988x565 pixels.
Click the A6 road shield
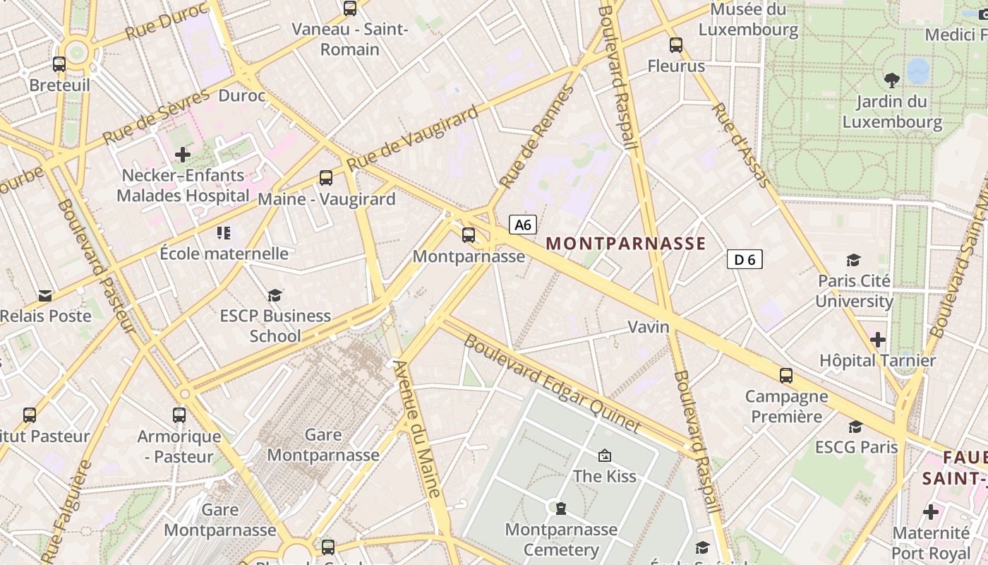tap(523, 225)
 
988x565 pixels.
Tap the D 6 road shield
tap(745, 259)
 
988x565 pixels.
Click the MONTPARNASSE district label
tap(625, 244)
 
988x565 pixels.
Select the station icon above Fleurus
tap(676, 45)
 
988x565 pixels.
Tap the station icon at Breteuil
tap(59, 64)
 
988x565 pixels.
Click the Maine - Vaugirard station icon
tap(325, 178)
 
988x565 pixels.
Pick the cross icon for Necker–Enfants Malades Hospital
tap(183, 154)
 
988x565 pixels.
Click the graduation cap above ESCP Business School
tap(275, 295)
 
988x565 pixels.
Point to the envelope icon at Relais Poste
tap(45, 295)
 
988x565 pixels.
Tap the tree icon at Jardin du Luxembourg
tap(892, 80)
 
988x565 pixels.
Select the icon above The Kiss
tap(604, 456)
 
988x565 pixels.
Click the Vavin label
tap(649, 327)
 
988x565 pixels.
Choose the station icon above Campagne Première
tap(786, 376)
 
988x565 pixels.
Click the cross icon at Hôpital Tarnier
tap(877, 340)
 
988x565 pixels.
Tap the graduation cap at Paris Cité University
tap(854, 260)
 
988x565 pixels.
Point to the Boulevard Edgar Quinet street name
tap(552, 383)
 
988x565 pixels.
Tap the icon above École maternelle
tap(224, 232)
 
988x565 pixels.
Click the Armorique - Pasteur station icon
tap(179, 415)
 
